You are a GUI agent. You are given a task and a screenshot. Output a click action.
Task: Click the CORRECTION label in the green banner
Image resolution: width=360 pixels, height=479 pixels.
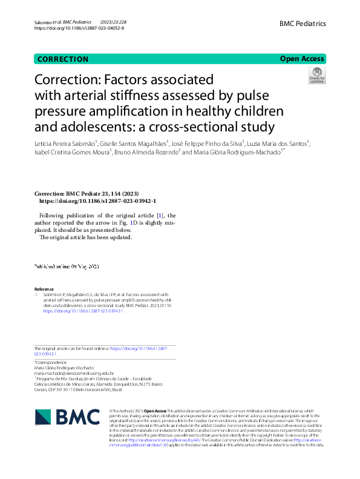pos(63,59)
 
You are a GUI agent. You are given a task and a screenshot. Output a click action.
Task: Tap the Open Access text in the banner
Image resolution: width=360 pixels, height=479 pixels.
pos(303,59)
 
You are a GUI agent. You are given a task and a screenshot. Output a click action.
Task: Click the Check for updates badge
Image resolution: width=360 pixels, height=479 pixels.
pos(317,76)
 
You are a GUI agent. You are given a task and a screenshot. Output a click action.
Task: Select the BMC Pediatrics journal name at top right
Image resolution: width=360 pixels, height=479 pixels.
pos(303,24)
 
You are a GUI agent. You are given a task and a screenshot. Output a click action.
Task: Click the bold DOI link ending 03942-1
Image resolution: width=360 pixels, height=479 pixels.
pos(97,200)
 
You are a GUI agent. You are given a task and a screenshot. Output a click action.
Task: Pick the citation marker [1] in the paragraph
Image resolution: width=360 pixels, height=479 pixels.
pos(160,216)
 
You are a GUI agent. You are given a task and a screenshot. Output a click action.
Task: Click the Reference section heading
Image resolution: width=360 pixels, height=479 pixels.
pos(44,289)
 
